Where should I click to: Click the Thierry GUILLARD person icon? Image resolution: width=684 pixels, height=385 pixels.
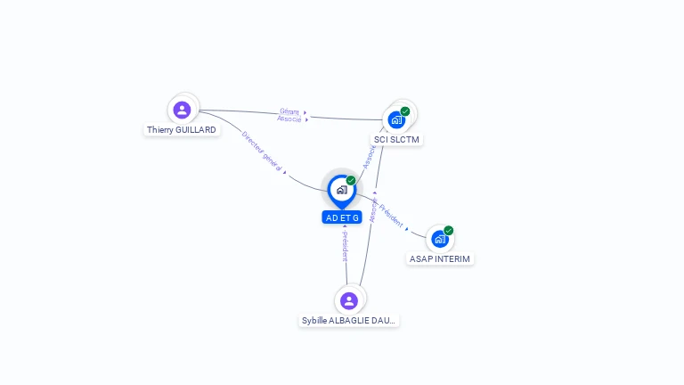(182, 110)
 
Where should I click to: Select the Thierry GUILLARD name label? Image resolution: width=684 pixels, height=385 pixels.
(182, 130)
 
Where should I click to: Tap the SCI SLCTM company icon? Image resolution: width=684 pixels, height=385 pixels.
(396, 119)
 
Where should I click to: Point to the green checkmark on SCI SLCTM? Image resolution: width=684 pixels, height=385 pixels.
(405, 111)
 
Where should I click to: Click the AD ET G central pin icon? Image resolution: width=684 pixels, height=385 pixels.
(341, 189)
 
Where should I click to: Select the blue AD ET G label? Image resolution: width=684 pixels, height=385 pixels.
(342, 217)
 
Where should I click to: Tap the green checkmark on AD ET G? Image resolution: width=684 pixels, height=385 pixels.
(351, 180)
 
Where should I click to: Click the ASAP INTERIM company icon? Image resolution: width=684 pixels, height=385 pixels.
(440, 239)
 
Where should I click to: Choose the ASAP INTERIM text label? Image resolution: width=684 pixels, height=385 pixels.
(440, 258)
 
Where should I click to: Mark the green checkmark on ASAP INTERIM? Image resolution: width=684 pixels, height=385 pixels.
(449, 231)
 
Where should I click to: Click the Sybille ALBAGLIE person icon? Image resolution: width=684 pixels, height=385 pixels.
(349, 300)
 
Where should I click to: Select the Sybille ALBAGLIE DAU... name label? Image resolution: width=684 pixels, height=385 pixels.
(349, 321)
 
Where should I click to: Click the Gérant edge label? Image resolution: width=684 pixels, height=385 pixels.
(289, 111)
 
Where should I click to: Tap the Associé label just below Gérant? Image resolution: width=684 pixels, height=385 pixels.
(289, 119)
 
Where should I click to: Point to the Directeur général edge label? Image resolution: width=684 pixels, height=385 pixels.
(262, 150)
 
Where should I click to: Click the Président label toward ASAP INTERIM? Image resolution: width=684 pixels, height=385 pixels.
(390, 214)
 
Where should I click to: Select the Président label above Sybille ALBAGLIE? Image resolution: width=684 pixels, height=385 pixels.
(345, 246)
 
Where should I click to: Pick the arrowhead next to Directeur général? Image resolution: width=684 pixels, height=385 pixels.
(285, 172)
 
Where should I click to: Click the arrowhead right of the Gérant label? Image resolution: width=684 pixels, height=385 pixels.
(305, 113)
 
